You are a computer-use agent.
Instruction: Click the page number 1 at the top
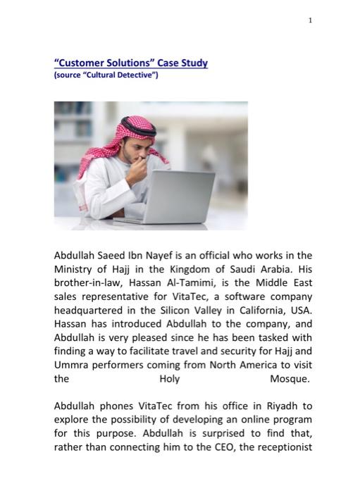point(309,20)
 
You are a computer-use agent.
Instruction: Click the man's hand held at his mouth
point(142,166)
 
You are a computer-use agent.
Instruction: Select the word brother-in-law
point(88,282)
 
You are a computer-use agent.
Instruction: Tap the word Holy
point(170,379)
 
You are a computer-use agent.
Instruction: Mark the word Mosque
point(290,379)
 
